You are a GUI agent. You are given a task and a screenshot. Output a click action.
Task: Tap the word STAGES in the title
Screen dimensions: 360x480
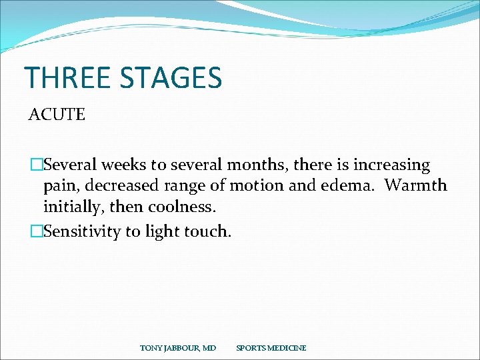pos(171,77)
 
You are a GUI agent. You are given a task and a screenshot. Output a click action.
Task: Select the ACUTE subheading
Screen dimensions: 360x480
pos(57,115)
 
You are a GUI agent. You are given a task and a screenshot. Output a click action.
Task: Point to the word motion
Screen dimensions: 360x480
pos(243,186)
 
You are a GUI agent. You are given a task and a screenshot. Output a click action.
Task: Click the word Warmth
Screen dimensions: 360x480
pos(416,186)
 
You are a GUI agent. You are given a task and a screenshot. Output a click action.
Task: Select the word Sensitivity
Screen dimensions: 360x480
pos(83,231)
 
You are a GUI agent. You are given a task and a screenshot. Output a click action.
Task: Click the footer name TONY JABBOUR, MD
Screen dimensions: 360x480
pos(178,348)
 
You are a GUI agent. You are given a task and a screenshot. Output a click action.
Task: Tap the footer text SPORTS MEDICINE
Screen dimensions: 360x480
pos(271,348)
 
